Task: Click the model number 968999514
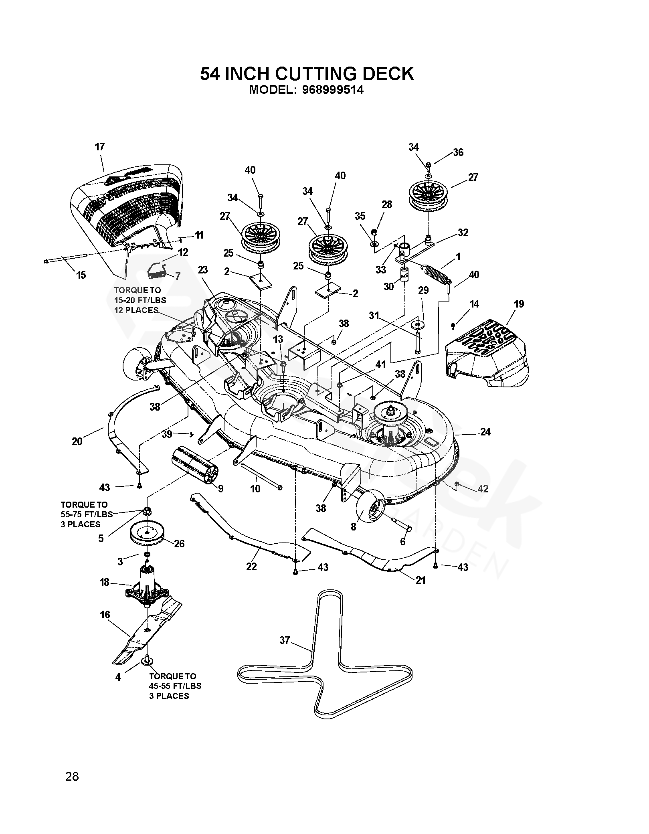333,90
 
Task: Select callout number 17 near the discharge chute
100,147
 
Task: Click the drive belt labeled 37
325,655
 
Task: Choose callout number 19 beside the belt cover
519,304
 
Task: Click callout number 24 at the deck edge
485,432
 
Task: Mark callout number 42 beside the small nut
483,488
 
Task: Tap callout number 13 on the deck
278,340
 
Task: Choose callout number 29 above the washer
423,290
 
